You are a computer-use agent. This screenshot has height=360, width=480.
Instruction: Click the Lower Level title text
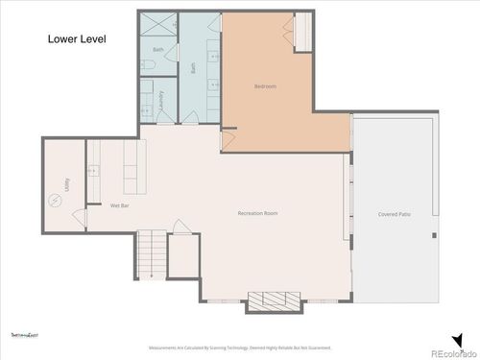(76, 40)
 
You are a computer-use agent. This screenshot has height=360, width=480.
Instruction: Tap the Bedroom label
(265, 87)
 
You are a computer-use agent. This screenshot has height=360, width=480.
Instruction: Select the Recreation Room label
(258, 213)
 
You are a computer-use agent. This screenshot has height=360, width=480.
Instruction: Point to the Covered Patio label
(395, 213)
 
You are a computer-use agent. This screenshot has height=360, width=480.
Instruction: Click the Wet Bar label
(120, 205)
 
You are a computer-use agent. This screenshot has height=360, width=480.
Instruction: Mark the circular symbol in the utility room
(55, 200)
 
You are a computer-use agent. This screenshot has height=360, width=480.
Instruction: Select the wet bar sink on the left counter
(93, 172)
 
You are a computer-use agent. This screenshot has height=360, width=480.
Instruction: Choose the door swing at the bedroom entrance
(228, 140)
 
